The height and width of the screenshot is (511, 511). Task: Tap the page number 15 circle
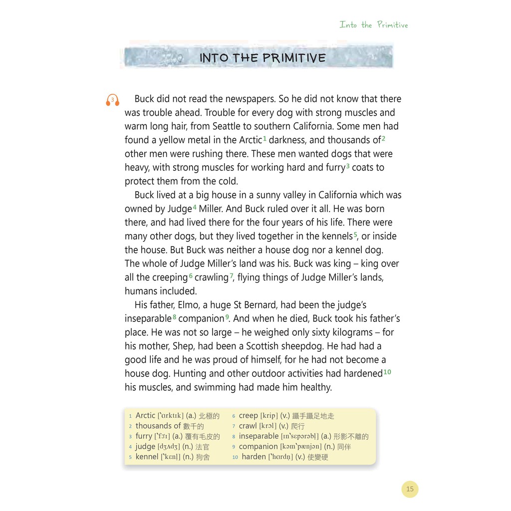(410, 489)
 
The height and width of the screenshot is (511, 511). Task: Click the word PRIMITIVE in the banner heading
(294, 58)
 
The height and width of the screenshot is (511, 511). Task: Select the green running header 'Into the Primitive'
(374, 24)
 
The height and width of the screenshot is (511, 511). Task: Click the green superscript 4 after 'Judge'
(195, 207)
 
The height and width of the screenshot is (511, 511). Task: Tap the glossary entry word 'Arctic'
(146, 415)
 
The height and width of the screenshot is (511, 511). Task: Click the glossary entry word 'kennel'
(147, 457)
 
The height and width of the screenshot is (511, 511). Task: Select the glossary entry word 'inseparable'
(258, 436)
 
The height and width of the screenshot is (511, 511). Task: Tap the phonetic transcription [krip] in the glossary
(269, 416)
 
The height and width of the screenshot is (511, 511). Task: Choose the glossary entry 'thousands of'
(158, 426)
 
